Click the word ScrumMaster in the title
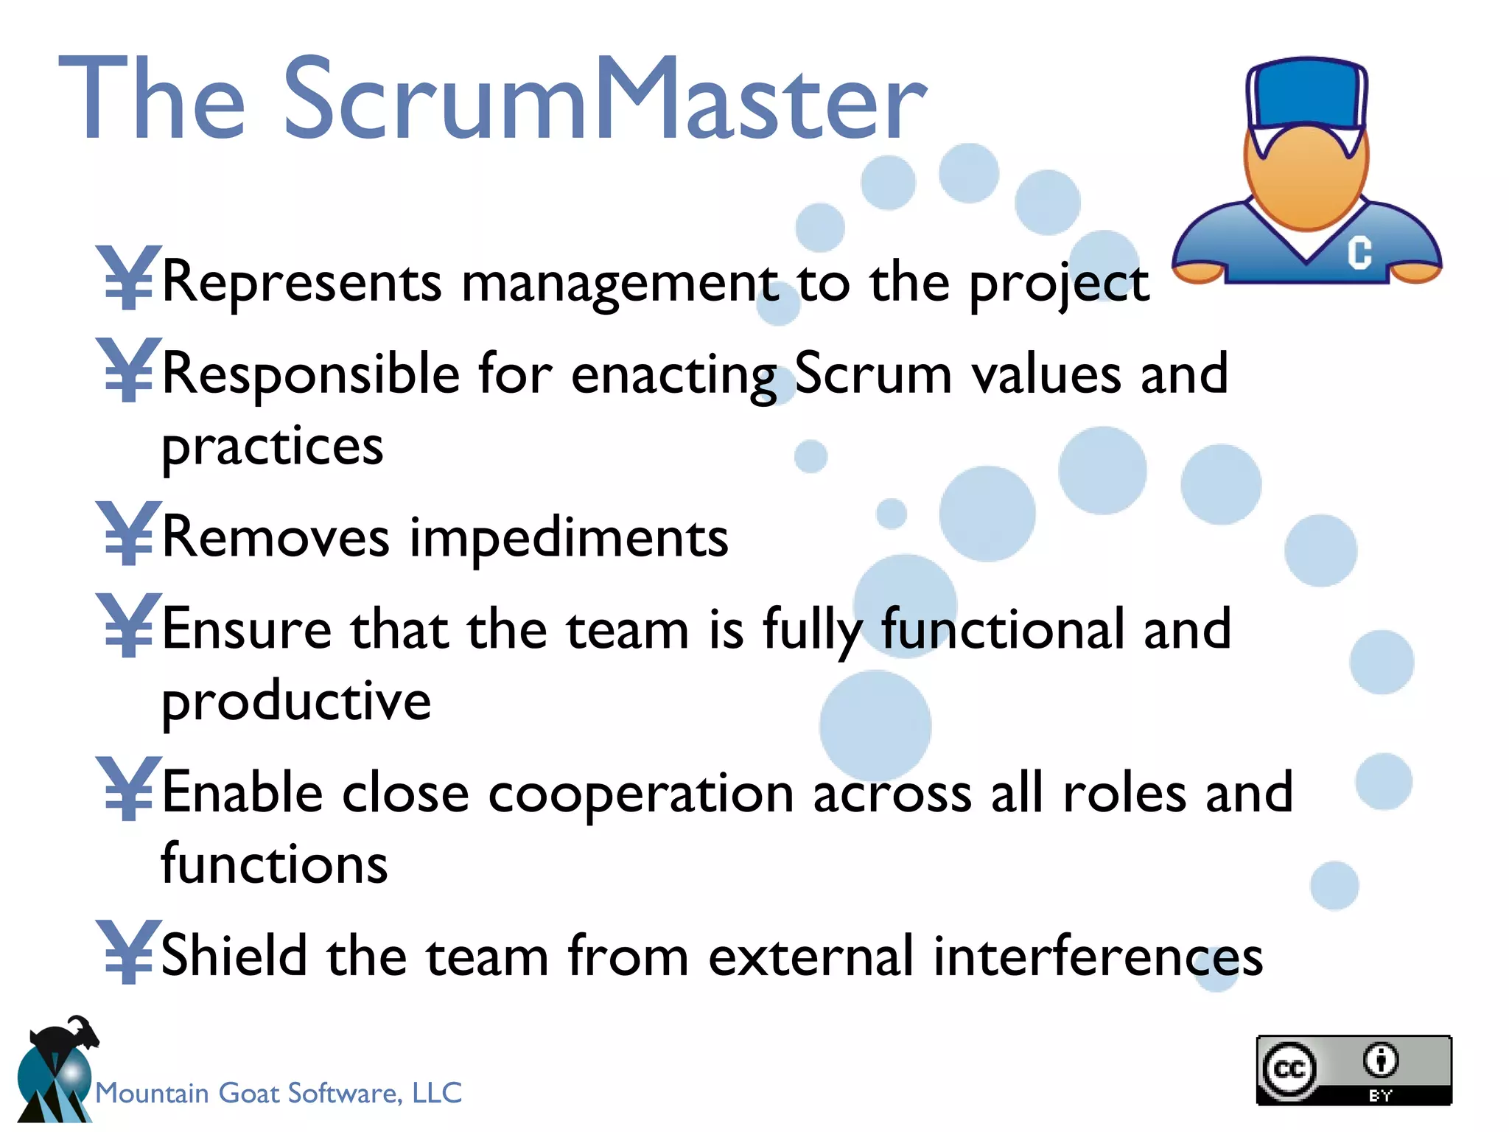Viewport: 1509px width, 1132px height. pyautogui.click(x=604, y=99)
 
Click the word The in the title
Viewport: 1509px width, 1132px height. pyautogui.click(x=151, y=99)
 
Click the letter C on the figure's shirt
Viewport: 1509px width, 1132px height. pyautogui.click(x=1359, y=252)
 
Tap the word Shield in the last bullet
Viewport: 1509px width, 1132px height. pyautogui.click(x=234, y=955)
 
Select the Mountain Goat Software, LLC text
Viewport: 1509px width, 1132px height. pyautogui.click(x=279, y=1093)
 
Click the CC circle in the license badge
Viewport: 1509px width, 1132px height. pyautogui.click(x=1289, y=1069)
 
